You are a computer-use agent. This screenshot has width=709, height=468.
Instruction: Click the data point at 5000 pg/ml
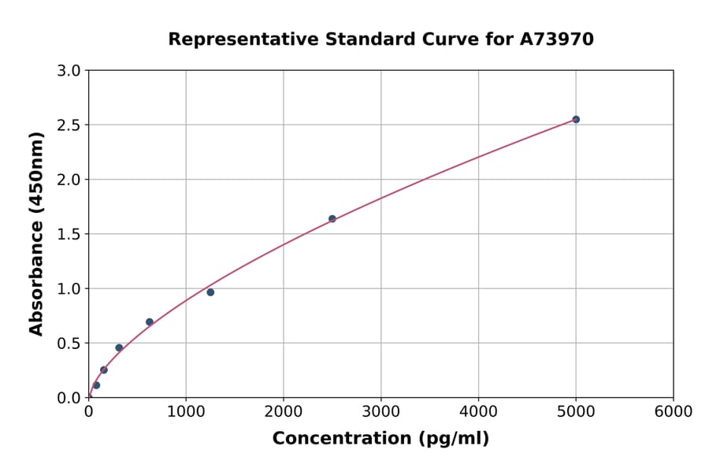(x=576, y=119)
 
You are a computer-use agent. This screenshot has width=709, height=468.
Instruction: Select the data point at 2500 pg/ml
(x=332, y=218)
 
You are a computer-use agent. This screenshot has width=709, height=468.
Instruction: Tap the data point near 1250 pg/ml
(x=210, y=292)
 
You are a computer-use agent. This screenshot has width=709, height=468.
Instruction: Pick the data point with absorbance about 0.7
(x=150, y=321)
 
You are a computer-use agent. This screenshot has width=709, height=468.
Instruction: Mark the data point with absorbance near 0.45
(x=119, y=347)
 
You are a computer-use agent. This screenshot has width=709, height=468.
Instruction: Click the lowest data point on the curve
(x=96, y=385)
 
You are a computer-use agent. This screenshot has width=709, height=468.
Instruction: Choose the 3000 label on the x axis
(x=380, y=412)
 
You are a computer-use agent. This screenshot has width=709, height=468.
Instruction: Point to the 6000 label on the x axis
(x=673, y=412)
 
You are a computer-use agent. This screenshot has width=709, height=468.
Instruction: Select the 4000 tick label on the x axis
(x=478, y=412)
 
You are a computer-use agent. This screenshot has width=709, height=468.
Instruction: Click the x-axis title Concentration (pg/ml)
(x=380, y=439)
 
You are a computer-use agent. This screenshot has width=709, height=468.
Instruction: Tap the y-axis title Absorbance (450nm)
(x=36, y=234)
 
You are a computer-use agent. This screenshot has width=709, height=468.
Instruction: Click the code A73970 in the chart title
(x=558, y=39)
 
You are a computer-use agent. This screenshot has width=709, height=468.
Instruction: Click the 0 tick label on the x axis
(x=88, y=412)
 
